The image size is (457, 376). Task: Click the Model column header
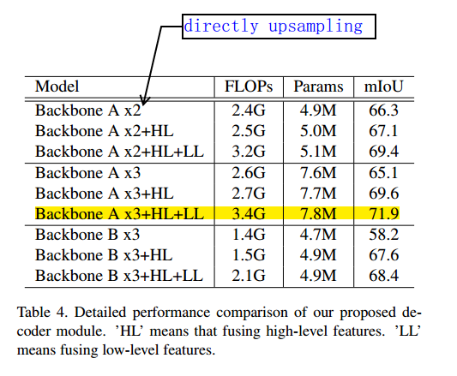point(57,87)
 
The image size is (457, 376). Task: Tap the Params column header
point(318,87)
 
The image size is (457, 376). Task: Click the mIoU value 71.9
point(382,213)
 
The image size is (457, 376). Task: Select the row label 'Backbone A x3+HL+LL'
point(118,213)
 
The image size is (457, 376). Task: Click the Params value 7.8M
point(318,213)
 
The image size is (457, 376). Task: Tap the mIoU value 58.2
point(382,235)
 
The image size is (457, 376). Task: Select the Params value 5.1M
point(318,152)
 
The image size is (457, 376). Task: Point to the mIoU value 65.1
point(382,172)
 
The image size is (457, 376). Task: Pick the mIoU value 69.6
point(382,193)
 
